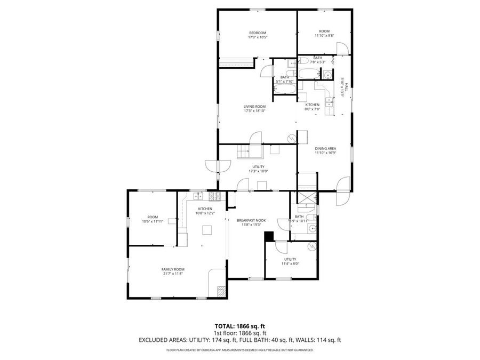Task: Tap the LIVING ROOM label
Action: point(254,106)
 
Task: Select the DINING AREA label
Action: point(325,148)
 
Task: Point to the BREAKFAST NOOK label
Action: point(249,220)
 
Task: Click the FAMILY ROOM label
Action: point(173,269)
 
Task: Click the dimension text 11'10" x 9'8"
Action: point(324,36)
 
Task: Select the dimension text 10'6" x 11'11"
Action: point(153,221)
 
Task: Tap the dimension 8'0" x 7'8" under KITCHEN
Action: point(312,109)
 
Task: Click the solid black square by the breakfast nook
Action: point(269,235)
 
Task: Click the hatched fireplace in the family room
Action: point(221,291)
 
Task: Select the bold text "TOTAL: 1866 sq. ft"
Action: point(239,325)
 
